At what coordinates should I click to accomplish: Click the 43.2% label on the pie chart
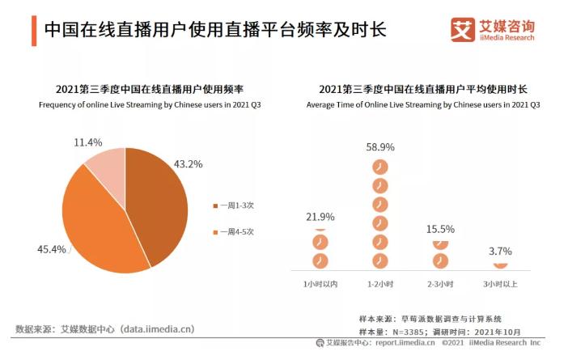pyautogui.click(x=188, y=164)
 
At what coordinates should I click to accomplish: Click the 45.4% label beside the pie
pyautogui.click(x=51, y=248)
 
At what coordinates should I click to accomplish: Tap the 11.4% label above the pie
pyautogui.click(x=87, y=142)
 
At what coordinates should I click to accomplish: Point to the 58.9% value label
pyautogui.click(x=379, y=146)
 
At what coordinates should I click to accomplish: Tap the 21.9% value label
pyautogui.click(x=320, y=217)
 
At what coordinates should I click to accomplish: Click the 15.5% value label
pyautogui.click(x=440, y=229)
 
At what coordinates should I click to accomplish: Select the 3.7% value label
pyautogui.click(x=500, y=251)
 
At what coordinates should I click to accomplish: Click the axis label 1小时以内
pyautogui.click(x=320, y=285)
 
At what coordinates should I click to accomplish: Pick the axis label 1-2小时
pyautogui.click(x=379, y=285)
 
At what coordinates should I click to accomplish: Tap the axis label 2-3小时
pyautogui.click(x=440, y=285)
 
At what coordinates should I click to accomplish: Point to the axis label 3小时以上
pyautogui.click(x=500, y=285)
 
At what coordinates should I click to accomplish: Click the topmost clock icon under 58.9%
pyautogui.click(x=379, y=167)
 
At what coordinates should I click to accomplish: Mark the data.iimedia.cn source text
pyautogui.click(x=104, y=329)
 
